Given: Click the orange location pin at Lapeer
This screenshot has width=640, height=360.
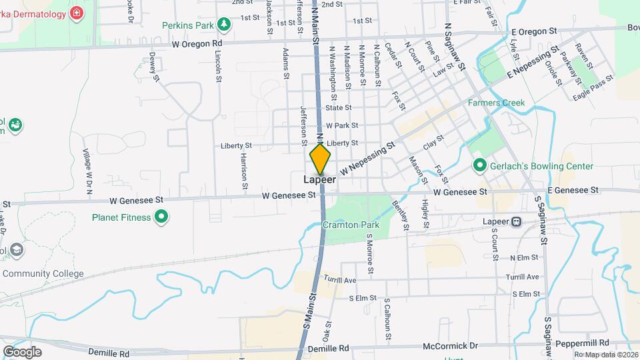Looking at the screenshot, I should point(320,160).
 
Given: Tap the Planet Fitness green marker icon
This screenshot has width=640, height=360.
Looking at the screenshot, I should point(161,217).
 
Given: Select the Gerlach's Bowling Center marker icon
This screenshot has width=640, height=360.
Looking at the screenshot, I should point(479,165).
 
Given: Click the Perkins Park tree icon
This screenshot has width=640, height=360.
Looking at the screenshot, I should point(225,25).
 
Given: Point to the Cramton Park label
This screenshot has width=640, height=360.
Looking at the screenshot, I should point(351,225).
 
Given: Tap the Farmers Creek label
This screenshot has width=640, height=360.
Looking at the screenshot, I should point(496,103).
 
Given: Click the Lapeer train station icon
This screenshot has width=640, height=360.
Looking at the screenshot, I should point(516,221).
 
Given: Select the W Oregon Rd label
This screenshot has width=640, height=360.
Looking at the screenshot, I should point(197,43).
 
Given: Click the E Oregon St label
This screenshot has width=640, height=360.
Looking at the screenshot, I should point(533,31).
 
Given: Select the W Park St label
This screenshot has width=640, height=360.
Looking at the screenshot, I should point(343,125).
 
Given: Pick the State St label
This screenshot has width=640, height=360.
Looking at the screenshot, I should point(338,107).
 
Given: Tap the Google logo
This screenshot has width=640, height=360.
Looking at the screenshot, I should point(22,351).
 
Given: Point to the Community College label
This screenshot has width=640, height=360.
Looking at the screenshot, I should point(43,273).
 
